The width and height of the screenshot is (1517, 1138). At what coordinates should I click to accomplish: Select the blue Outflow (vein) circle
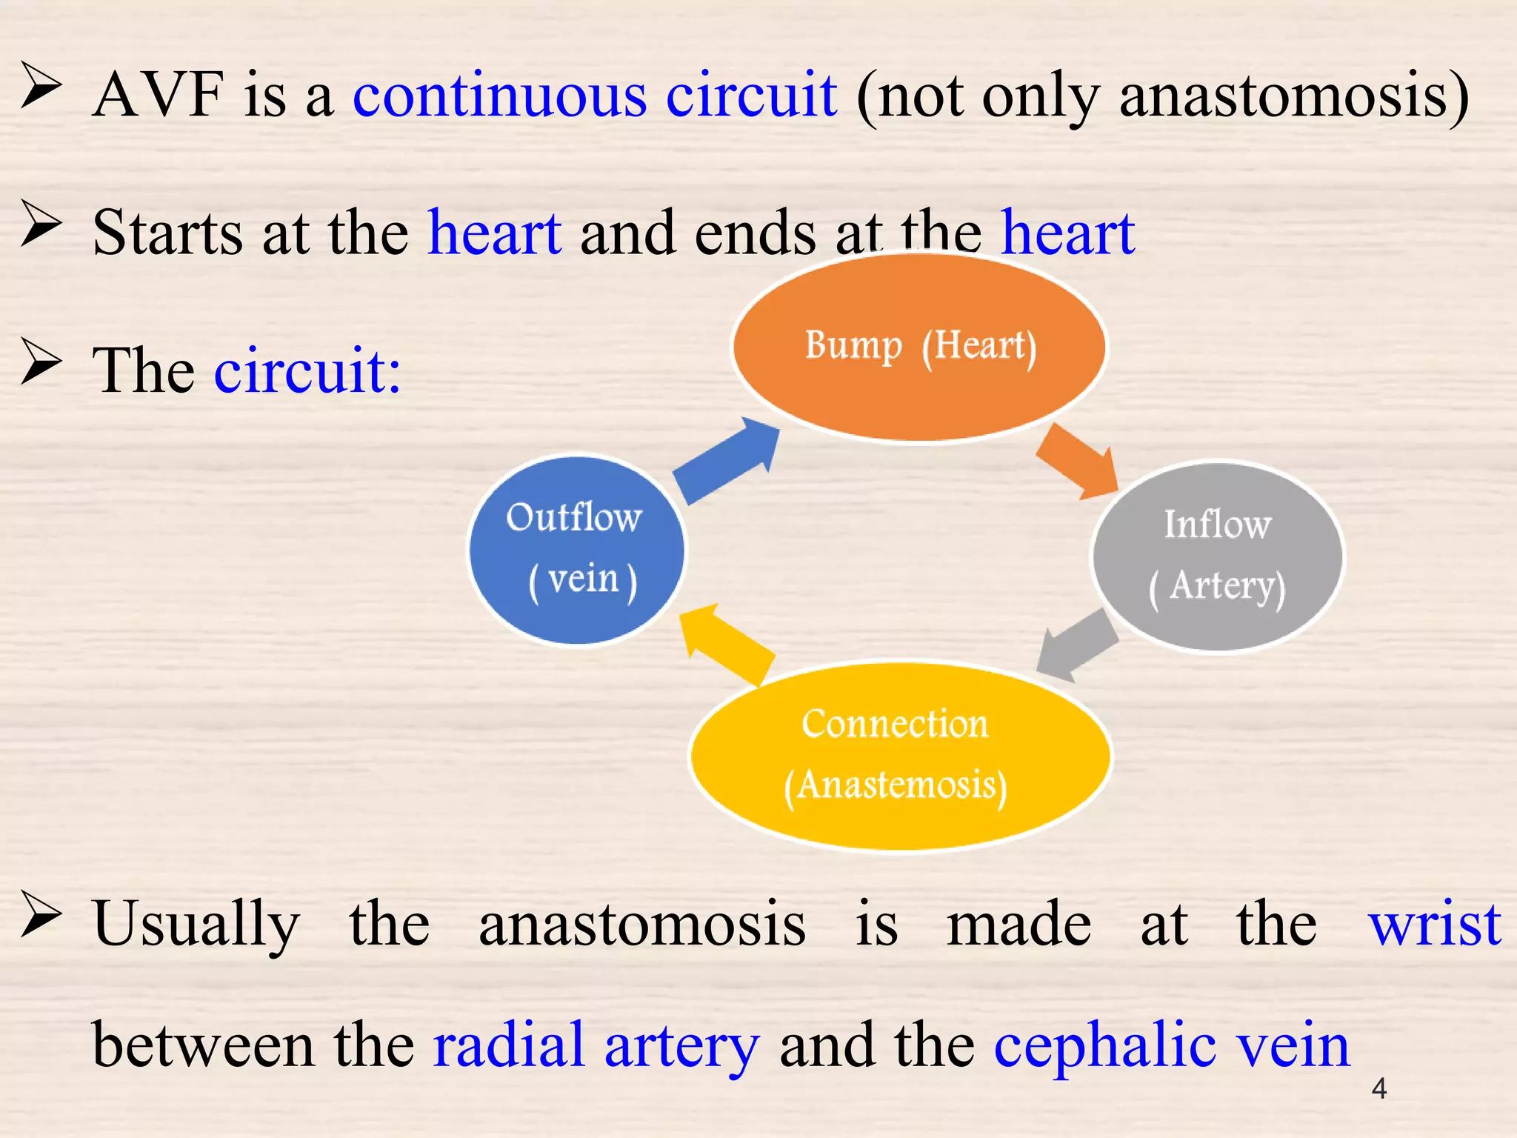[577, 549]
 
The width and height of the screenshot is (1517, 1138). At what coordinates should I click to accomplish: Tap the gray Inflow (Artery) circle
[1217, 556]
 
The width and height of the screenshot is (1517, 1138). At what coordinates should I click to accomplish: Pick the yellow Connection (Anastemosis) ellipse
[899, 755]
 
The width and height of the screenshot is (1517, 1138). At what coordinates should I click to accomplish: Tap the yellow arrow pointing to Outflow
[726, 642]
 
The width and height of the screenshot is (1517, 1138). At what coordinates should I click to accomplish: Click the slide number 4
[1378, 1088]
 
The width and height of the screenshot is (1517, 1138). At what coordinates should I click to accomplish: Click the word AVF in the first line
[158, 95]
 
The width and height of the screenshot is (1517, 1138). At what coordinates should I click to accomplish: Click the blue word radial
[509, 1045]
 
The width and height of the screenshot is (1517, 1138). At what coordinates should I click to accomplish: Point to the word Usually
[196, 925]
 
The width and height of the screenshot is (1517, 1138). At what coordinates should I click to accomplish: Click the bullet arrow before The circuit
[41, 362]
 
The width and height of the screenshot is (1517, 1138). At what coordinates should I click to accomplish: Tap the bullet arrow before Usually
[41, 914]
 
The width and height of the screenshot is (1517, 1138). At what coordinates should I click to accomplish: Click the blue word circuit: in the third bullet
[307, 370]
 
